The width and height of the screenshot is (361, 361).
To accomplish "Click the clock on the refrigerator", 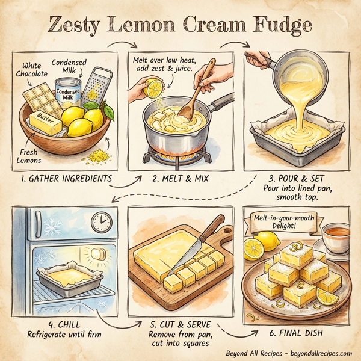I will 101,223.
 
